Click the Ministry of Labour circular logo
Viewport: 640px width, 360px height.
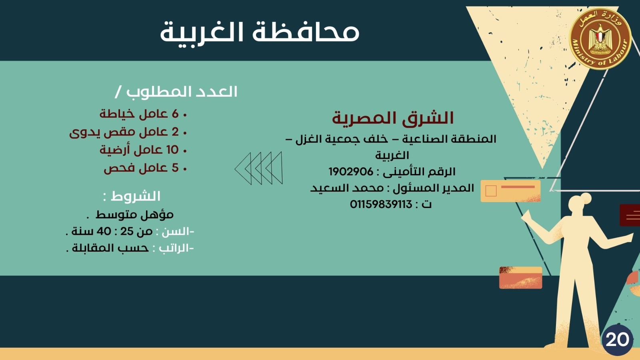pyautogui.click(x=600, y=38)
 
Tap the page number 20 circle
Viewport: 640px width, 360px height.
pyautogui.click(x=617, y=340)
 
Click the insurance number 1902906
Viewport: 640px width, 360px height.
pyautogui.click(x=351, y=172)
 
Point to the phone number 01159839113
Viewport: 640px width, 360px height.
pyautogui.click(x=381, y=204)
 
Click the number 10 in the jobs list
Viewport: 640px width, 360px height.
pyautogui.click(x=172, y=150)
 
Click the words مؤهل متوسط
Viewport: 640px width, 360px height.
pyautogui.click(x=134, y=215)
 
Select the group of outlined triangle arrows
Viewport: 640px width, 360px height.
pyautogui.click(x=258, y=168)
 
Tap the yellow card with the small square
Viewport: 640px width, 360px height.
pyautogui.click(x=510, y=191)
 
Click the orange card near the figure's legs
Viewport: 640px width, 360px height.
pyautogui.click(x=520, y=278)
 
